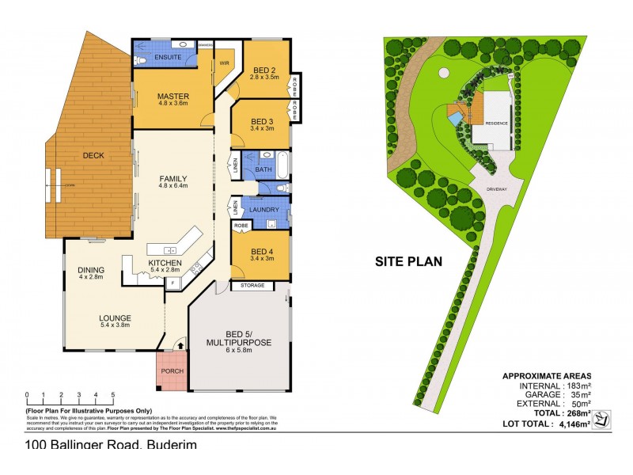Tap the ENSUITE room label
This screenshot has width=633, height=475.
pos(169,58)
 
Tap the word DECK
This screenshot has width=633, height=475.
pos(93,155)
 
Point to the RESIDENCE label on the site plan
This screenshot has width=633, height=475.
pos(495,123)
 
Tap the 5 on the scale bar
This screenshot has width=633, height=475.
pos(113,393)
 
